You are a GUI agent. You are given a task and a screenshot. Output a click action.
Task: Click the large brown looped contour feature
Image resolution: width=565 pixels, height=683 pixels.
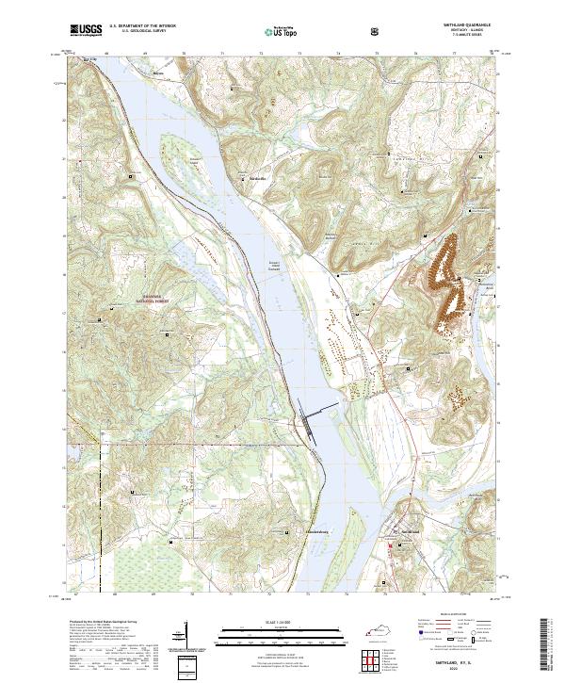(x=446, y=281)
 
